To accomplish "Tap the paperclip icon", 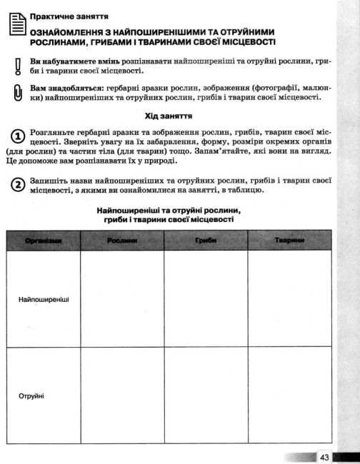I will point(16,93).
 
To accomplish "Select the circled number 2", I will point(16,184).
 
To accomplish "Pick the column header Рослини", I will point(122,241).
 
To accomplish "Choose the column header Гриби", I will point(205,241).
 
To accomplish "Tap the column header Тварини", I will point(289,241).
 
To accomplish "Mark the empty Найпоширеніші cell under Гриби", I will point(205,299).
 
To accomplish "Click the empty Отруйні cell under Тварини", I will point(289,395).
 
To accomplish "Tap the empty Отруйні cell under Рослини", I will point(122,395).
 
